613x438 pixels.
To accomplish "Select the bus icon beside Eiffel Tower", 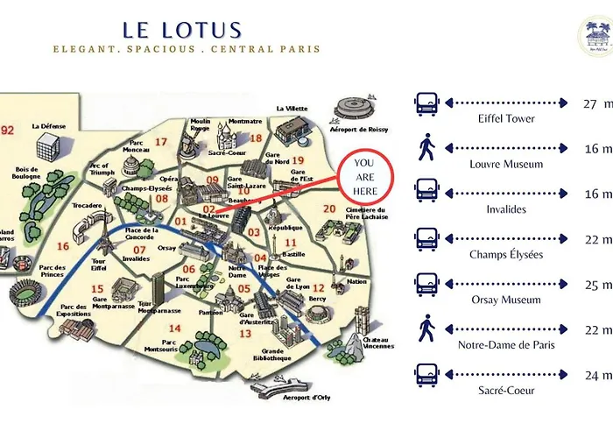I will pyautogui.click(x=426, y=104).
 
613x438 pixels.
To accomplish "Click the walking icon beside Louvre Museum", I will pyautogui.click(x=426, y=148).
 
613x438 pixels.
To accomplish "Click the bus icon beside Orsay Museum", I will pyautogui.click(x=426, y=286).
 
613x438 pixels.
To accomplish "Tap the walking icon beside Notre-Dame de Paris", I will pyautogui.click(x=426, y=329).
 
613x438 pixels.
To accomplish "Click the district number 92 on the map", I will pyautogui.click(x=9, y=131).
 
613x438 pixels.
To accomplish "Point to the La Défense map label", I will pyautogui.click(x=48, y=126).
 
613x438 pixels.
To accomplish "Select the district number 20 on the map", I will pyautogui.click(x=329, y=208).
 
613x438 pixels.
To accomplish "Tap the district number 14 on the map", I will pyautogui.click(x=175, y=328).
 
